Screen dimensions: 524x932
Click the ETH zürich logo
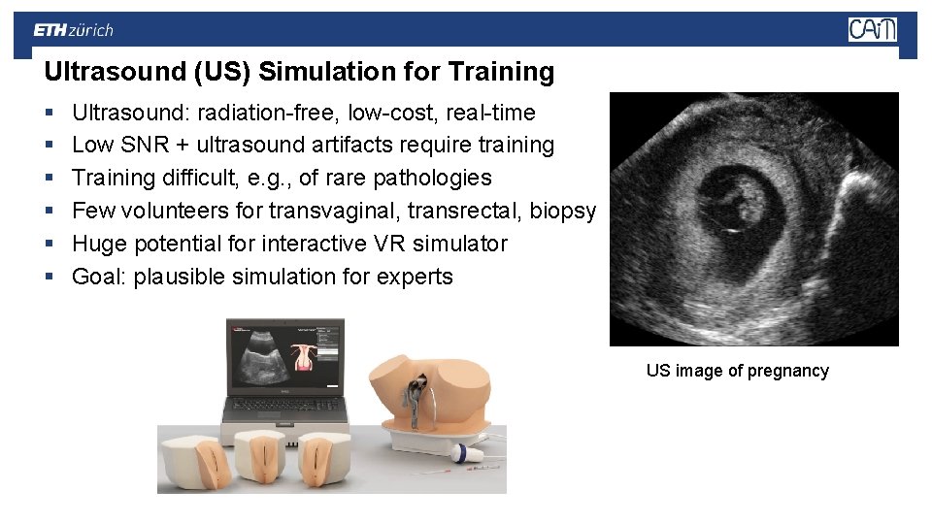[x=73, y=30]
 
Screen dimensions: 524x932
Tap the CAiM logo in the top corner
[x=872, y=30]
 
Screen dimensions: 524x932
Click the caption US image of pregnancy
[x=737, y=371]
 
